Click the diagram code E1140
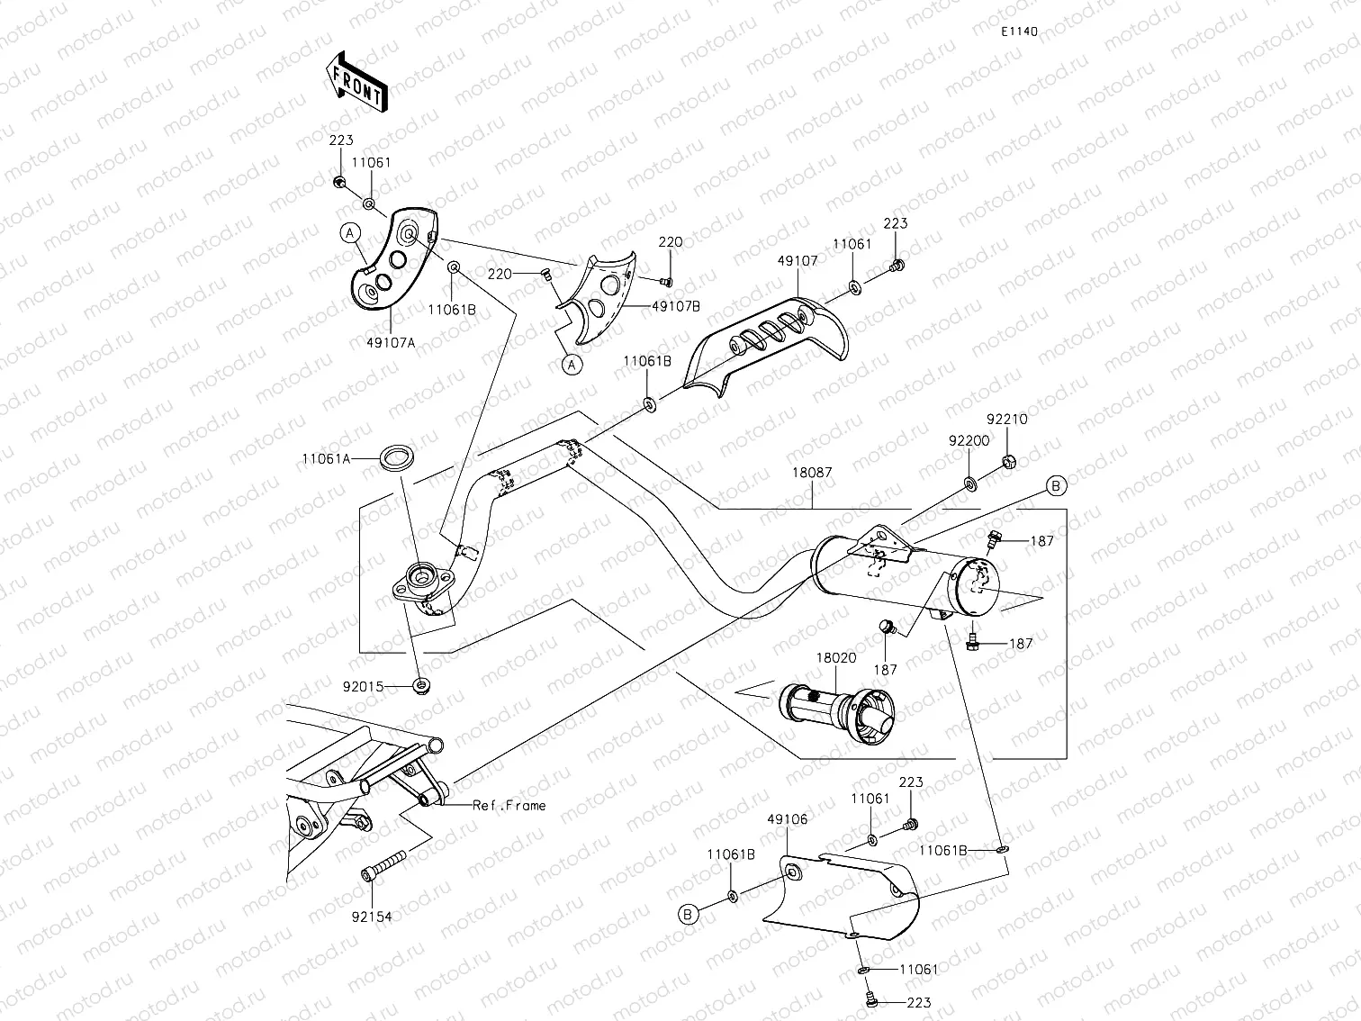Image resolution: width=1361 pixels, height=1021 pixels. click(1019, 32)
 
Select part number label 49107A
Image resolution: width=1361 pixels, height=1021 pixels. click(391, 340)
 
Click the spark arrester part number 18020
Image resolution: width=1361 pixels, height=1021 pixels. click(836, 658)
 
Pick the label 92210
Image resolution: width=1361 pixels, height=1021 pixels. click(1006, 420)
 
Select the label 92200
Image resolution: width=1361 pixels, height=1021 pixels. click(969, 441)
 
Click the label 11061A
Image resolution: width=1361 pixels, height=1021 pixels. click(326, 458)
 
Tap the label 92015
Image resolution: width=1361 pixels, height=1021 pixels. click(363, 686)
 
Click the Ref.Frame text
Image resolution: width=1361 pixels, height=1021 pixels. click(509, 805)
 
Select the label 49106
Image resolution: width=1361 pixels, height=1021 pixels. click(787, 819)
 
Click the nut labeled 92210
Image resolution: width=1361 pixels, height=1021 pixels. click(1009, 463)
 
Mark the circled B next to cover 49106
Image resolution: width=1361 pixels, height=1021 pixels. click(689, 915)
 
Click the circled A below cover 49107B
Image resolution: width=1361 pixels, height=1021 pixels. click(571, 364)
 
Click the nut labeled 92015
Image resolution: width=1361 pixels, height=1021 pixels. click(420, 687)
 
